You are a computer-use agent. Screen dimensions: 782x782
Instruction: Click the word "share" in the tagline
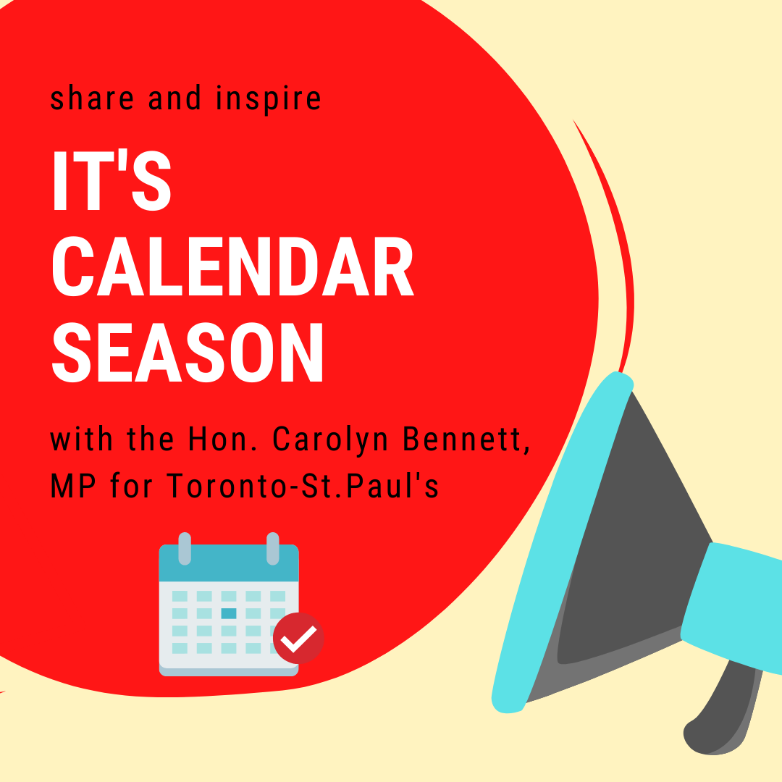tap(92, 98)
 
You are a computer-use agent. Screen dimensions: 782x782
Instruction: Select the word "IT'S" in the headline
tap(112, 180)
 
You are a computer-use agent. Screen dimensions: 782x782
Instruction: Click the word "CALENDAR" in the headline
tap(233, 266)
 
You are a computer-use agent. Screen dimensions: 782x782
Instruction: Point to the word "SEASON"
tap(188, 353)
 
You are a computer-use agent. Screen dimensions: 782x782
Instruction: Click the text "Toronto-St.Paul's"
tap(302, 486)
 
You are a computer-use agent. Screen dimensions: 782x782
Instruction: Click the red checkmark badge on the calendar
tap(298, 638)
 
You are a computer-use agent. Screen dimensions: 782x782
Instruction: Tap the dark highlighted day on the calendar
tap(229, 613)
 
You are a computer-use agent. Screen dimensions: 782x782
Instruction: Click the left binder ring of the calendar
tap(185, 549)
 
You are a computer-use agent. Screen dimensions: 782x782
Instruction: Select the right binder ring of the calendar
tap(273, 549)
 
